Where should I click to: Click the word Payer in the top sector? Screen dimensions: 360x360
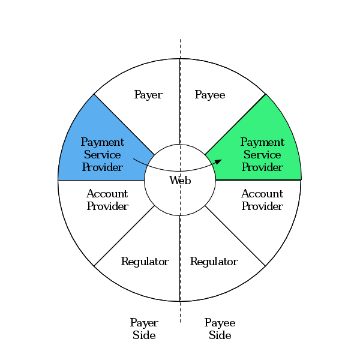tap(148, 95)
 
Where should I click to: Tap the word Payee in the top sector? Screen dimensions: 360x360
tap(210, 95)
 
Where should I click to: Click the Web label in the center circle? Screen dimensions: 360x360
tap(180, 180)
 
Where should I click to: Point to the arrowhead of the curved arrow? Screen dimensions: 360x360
tap(218, 161)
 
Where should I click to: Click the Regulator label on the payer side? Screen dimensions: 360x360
tap(145, 262)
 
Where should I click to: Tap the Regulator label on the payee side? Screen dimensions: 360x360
tap(214, 262)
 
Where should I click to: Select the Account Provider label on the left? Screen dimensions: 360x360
tap(107, 200)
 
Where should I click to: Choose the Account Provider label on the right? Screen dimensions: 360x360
tap(262, 200)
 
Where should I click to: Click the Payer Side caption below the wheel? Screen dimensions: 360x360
tap(144, 329)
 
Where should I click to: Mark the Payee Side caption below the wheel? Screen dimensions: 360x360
tap(220, 329)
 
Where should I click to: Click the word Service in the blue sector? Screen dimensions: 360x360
tap(103, 155)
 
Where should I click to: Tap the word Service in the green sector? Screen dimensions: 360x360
tap(262, 155)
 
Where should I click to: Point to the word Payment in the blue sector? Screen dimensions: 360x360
tap(103, 142)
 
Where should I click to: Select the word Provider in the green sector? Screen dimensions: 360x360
tap(262, 167)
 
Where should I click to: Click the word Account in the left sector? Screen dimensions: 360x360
tap(107, 194)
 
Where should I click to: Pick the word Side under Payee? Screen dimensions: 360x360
tap(220, 335)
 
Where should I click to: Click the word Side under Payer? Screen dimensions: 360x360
tap(144, 335)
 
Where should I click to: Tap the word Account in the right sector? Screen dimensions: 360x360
tap(262, 194)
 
